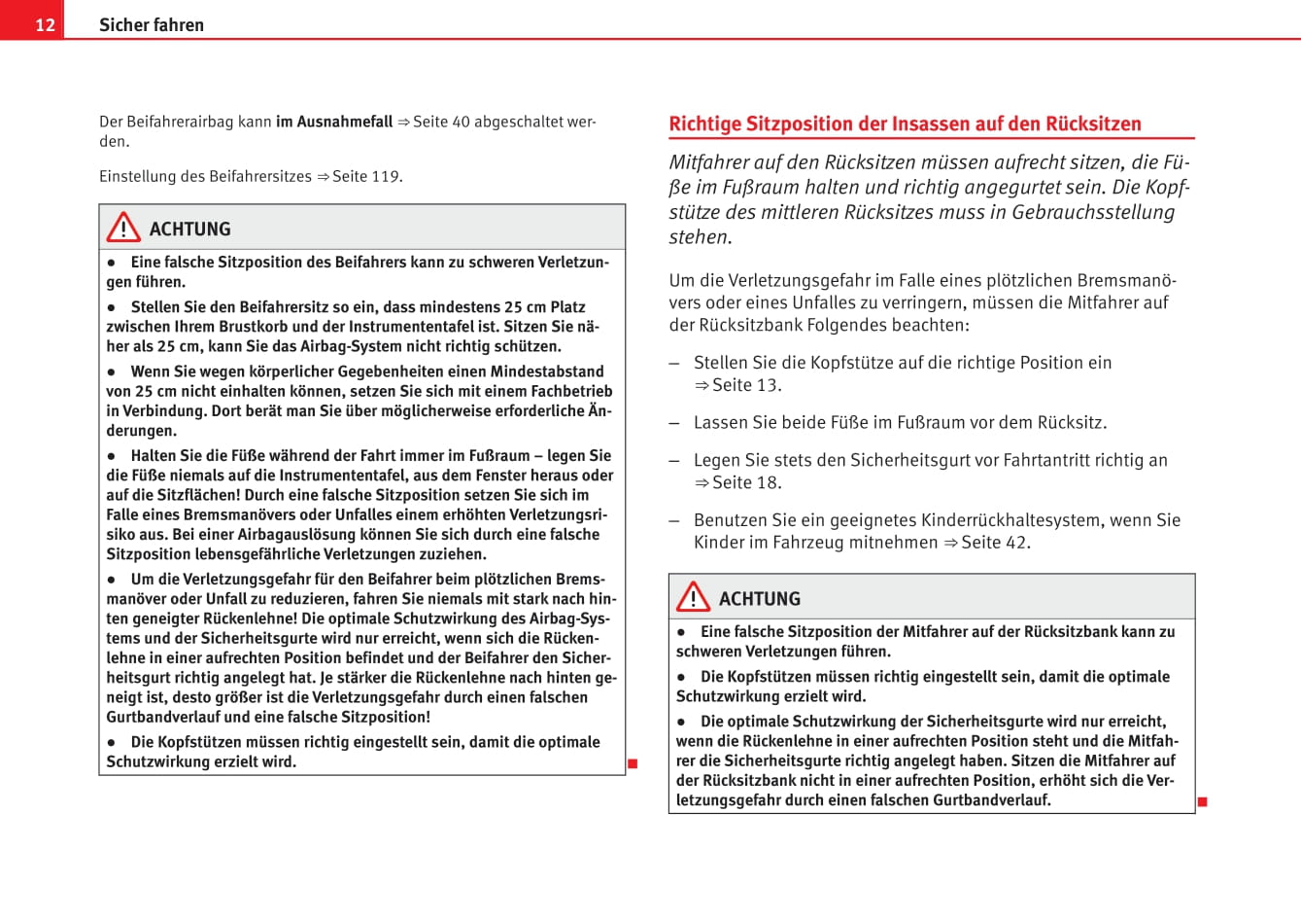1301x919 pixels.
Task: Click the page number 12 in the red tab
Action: pos(45,24)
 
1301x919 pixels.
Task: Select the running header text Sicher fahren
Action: pos(152,24)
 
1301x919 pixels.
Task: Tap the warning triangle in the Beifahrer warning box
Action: pos(123,228)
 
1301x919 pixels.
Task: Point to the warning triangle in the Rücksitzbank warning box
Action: pos(693,597)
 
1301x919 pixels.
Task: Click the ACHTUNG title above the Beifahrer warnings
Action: pos(189,230)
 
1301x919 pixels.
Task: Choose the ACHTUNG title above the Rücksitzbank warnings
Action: pos(759,599)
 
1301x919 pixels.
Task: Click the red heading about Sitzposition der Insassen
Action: pos(905,124)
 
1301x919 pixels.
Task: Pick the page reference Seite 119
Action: pos(365,176)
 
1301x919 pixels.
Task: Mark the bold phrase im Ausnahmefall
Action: pos(334,122)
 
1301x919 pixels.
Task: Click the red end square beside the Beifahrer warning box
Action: pos(633,763)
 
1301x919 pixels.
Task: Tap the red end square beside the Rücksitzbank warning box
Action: pos(1202,802)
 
